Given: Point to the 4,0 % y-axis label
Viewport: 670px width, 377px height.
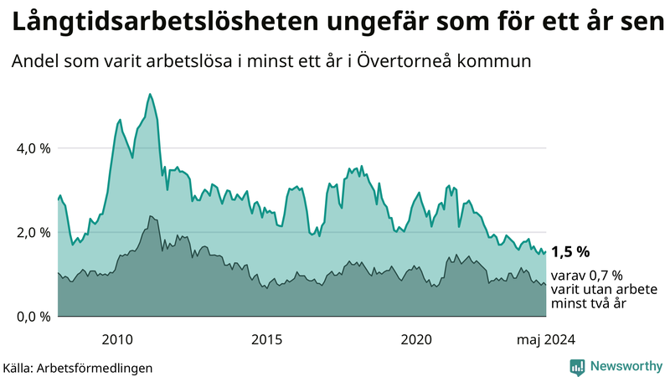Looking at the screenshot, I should click(33, 148).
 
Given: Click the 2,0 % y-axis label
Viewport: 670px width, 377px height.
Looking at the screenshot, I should click(33, 232).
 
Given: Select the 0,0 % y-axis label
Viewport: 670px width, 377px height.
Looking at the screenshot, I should click(33, 317).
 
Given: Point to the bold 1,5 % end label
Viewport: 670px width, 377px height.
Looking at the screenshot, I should click(570, 251).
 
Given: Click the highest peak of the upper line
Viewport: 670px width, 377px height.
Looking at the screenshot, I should click(149, 94).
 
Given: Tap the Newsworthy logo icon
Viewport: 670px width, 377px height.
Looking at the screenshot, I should click(577, 366).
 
